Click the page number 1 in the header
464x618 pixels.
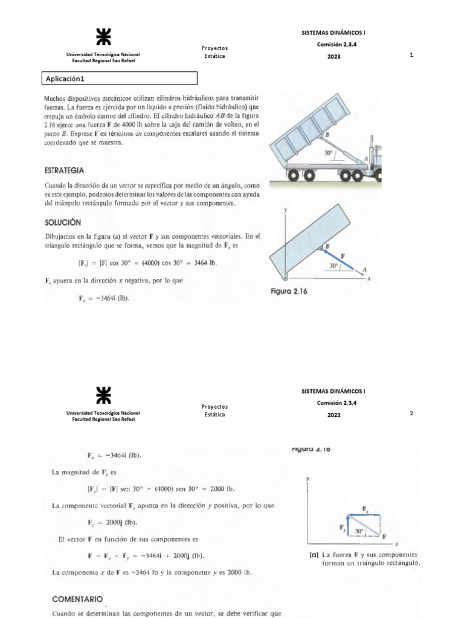pos(411,56)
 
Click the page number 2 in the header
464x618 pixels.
pos(411,413)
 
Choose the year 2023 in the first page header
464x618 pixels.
pos(334,57)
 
